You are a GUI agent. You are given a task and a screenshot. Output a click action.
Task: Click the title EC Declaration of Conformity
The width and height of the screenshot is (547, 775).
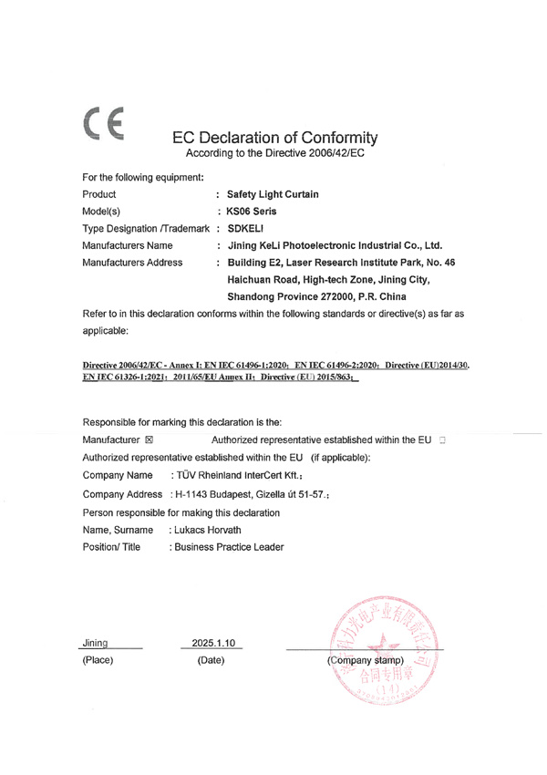[274, 138]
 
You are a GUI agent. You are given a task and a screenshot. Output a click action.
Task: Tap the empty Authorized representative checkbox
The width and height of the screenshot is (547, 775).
[442, 439]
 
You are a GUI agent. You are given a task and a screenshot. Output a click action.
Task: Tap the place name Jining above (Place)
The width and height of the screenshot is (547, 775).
[95, 643]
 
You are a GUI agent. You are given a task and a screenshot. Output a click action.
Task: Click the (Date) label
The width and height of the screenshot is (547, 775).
[211, 659]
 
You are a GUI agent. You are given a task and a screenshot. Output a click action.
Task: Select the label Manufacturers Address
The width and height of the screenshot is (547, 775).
[132, 263]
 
